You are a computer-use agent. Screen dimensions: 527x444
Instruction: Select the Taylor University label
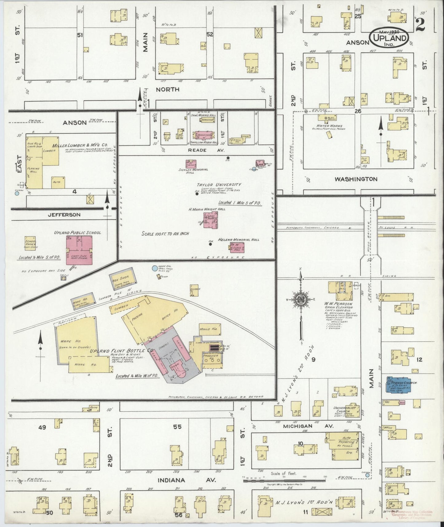click(x=219, y=185)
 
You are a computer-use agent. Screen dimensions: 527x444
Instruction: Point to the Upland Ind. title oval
click(x=389, y=38)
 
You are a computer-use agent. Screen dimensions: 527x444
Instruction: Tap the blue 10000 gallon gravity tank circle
click(x=155, y=268)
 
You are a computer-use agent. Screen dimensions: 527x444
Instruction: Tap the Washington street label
click(x=356, y=179)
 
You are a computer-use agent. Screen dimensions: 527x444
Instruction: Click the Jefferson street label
click(x=64, y=215)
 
